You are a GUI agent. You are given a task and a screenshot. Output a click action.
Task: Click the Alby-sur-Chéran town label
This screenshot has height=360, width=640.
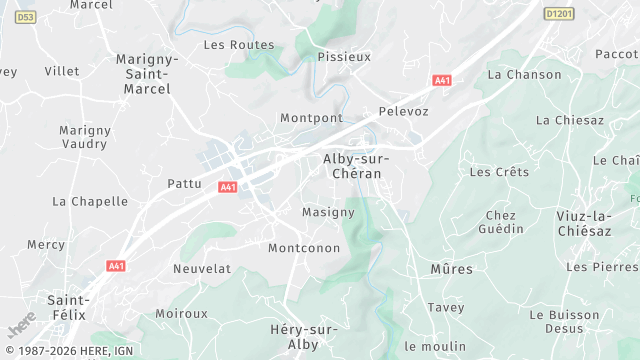356,166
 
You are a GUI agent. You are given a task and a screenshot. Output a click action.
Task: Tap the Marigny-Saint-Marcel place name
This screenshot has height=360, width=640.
147,74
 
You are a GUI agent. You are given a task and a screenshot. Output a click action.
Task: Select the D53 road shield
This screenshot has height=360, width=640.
26,17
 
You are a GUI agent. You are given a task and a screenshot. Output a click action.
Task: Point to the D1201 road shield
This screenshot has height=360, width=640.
558,14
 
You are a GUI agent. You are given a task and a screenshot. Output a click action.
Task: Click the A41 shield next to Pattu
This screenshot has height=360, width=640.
228,187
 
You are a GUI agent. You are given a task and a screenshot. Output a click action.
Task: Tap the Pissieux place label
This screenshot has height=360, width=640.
344,57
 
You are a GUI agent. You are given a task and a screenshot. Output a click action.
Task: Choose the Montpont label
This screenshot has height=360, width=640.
311,118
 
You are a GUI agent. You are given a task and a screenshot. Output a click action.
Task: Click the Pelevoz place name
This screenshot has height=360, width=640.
404,111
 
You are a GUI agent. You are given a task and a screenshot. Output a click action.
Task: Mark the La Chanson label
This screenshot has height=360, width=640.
524,75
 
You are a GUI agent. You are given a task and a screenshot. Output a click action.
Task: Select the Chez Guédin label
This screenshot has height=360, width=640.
501,222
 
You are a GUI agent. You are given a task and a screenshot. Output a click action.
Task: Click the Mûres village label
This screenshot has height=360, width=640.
451,269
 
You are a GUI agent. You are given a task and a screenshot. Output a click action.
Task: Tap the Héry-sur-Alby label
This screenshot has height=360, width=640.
304,336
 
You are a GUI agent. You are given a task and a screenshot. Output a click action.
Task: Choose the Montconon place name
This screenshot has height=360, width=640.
304,248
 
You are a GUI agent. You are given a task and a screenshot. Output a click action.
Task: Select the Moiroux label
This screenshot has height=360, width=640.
181,314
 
